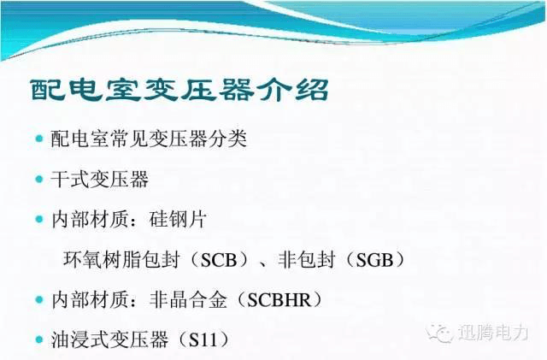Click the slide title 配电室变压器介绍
179,91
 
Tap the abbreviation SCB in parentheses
219,260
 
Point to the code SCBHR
279,300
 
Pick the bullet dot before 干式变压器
39,179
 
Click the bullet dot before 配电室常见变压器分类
39,139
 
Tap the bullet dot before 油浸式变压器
39,339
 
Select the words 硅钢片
178,220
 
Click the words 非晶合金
188,300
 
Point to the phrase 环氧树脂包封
121,260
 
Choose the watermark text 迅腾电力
493,332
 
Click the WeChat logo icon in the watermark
439,333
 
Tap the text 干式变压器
100,180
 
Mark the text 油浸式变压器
109,339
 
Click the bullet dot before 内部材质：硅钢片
39,219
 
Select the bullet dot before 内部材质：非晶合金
39,299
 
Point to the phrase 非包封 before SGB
307,260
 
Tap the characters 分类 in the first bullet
227,139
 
